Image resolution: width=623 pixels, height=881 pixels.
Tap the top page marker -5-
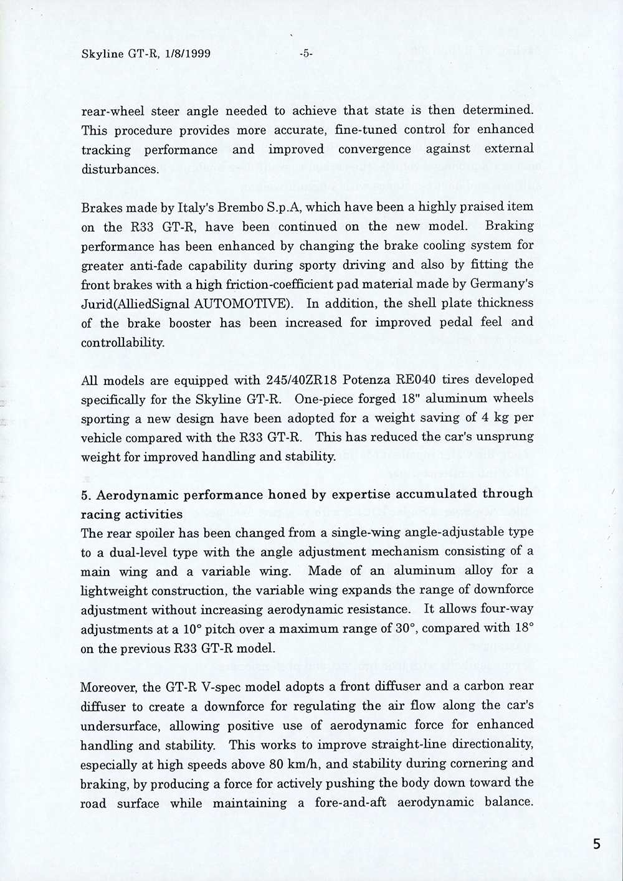coord(305,54)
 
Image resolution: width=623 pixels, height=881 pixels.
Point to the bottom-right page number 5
coord(597,845)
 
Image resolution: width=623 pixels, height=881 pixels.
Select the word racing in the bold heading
coord(100,514)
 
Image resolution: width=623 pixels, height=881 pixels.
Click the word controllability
coord(122,343)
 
